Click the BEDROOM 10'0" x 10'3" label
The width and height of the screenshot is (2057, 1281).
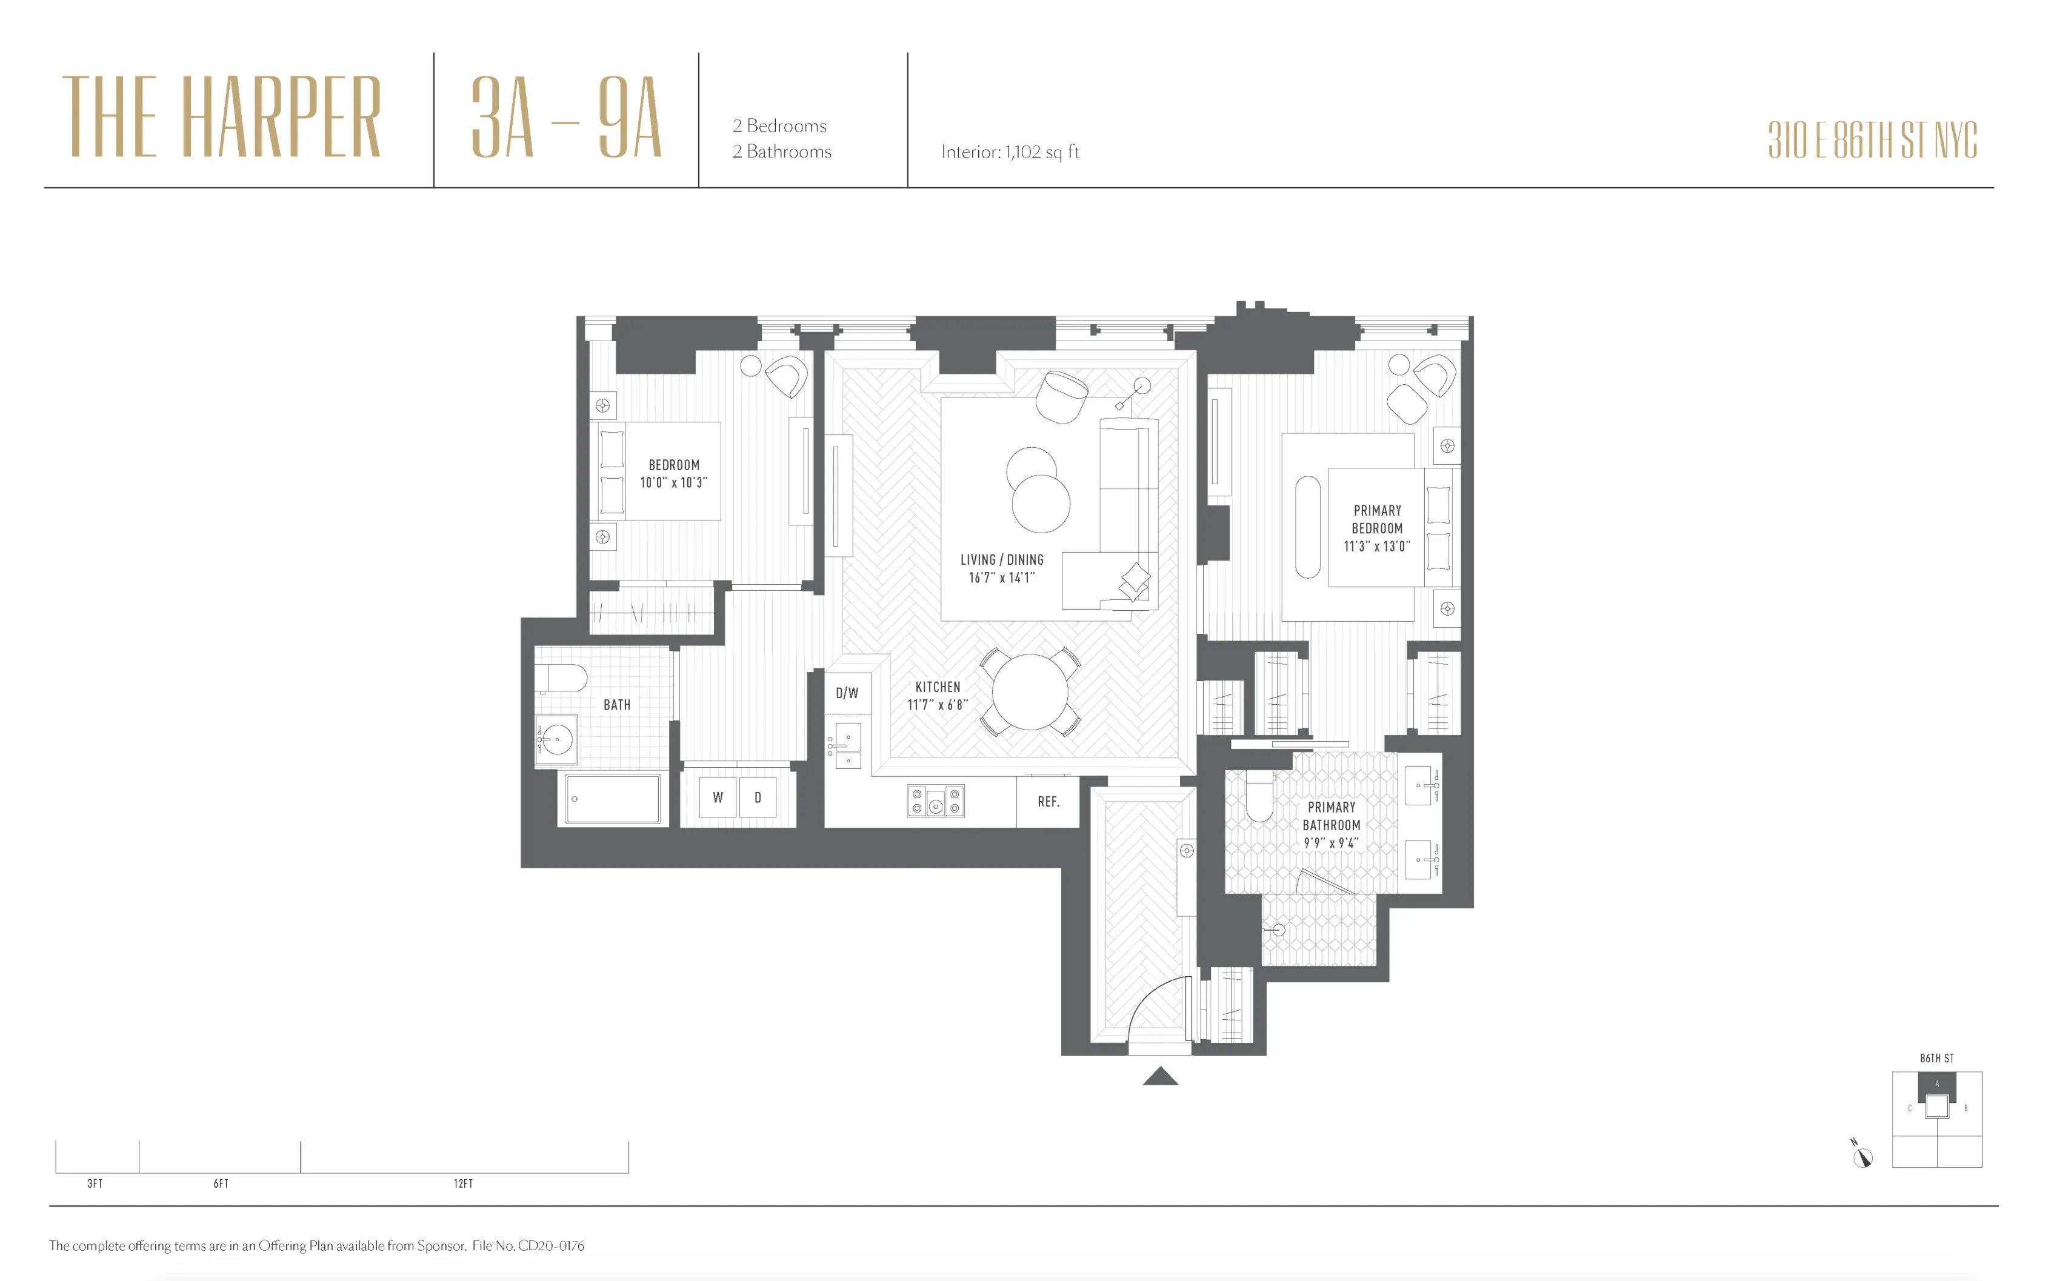coord(673,474)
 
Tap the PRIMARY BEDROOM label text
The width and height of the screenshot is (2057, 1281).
coord(1377,528)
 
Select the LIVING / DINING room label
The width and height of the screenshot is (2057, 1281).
coord(1001,568)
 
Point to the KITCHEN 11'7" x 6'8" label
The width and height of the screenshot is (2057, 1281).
coord(937,696)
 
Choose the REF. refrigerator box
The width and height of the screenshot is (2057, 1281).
coord(1048,802)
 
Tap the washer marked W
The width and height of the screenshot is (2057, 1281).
coord(718,797)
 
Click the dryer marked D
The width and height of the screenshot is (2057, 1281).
coord(758,797)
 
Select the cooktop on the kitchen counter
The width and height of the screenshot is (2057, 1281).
coord(935,800)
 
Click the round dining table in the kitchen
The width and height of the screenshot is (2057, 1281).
coord(1029,692)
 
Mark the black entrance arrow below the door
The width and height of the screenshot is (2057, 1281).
coord(1160,1077)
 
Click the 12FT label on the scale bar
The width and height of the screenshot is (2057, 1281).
coord(462,1183)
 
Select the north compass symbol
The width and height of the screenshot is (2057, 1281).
coord(1861,1156)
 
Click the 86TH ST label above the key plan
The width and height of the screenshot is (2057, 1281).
coord(1937,1058)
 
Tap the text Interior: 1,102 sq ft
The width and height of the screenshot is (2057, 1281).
coord(1010,151)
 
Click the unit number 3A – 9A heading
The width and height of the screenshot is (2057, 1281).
coord(565,117)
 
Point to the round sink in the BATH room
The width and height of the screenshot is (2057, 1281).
coord(556,739)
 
